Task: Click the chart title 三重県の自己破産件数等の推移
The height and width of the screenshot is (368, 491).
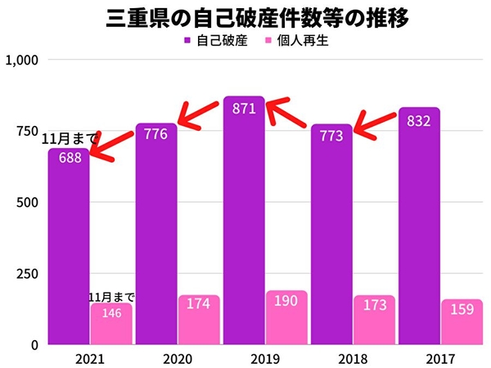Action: click(245, 18)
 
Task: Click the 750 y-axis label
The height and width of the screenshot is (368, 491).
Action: click(29, 132)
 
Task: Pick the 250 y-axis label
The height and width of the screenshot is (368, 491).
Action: click(29, 274)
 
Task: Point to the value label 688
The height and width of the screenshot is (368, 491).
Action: click(69, 158)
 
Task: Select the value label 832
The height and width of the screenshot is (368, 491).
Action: click(418, 120)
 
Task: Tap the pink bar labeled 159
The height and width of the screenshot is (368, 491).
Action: click(462, 321)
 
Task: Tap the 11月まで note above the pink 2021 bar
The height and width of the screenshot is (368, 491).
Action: click(111, 297)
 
